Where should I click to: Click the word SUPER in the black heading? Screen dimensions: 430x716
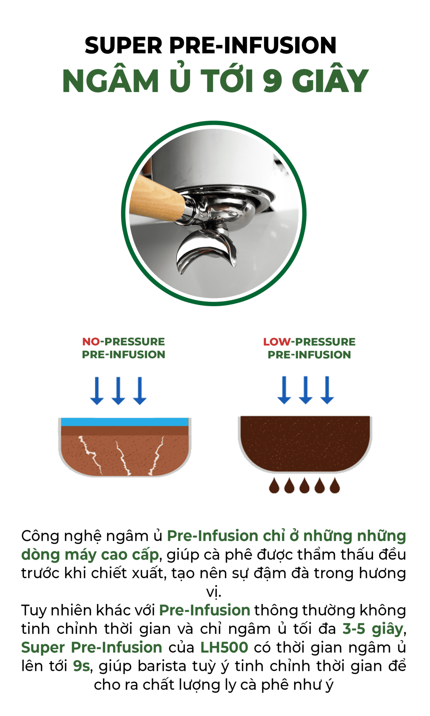124,45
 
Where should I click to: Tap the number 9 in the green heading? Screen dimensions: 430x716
273,81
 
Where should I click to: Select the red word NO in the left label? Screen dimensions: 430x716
91,342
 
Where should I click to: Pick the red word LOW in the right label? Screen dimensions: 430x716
277,342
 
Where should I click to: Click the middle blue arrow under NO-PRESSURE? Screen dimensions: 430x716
118,391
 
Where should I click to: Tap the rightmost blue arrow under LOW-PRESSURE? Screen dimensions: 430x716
327,390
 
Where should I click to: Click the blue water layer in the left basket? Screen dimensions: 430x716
125,422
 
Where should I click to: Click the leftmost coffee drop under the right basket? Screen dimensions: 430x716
274,486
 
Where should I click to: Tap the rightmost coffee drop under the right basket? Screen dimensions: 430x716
335,486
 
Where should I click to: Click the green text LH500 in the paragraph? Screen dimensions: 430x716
224,647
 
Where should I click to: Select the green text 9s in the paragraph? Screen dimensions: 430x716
82,666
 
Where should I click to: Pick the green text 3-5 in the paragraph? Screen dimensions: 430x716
353,629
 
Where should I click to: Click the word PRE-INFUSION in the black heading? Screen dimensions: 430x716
253,45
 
